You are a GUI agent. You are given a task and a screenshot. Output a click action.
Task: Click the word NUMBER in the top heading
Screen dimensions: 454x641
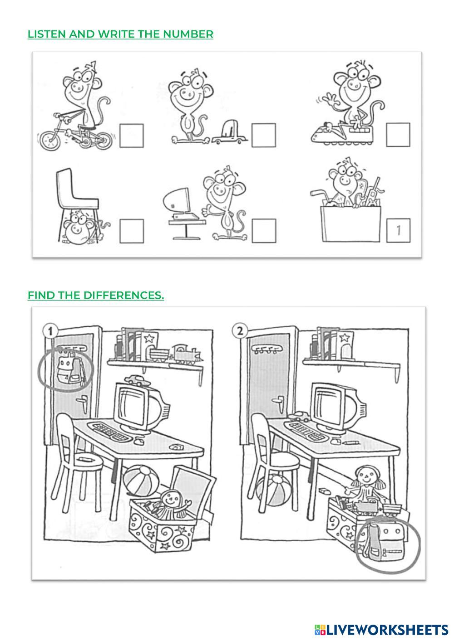tap(188, 34)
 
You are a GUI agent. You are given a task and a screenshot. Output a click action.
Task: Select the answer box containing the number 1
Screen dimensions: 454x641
tap(398, 230)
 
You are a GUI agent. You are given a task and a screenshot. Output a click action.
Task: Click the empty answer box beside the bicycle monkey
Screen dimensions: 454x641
tap(132, 136)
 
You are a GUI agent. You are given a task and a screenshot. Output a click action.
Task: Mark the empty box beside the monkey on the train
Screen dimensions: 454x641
tap(398, 135)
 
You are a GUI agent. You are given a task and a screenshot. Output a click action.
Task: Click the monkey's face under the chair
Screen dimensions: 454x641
tap(76, 227)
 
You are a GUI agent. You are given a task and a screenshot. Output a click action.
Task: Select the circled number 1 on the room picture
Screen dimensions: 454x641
tap(50, 331)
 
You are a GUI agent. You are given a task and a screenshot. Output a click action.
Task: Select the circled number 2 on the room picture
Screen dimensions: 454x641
tap(240, 331)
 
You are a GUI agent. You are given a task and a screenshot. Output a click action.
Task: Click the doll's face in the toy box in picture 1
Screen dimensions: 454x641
tap(171, 500)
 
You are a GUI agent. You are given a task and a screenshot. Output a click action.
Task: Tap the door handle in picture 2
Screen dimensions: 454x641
tap(278, 400)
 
